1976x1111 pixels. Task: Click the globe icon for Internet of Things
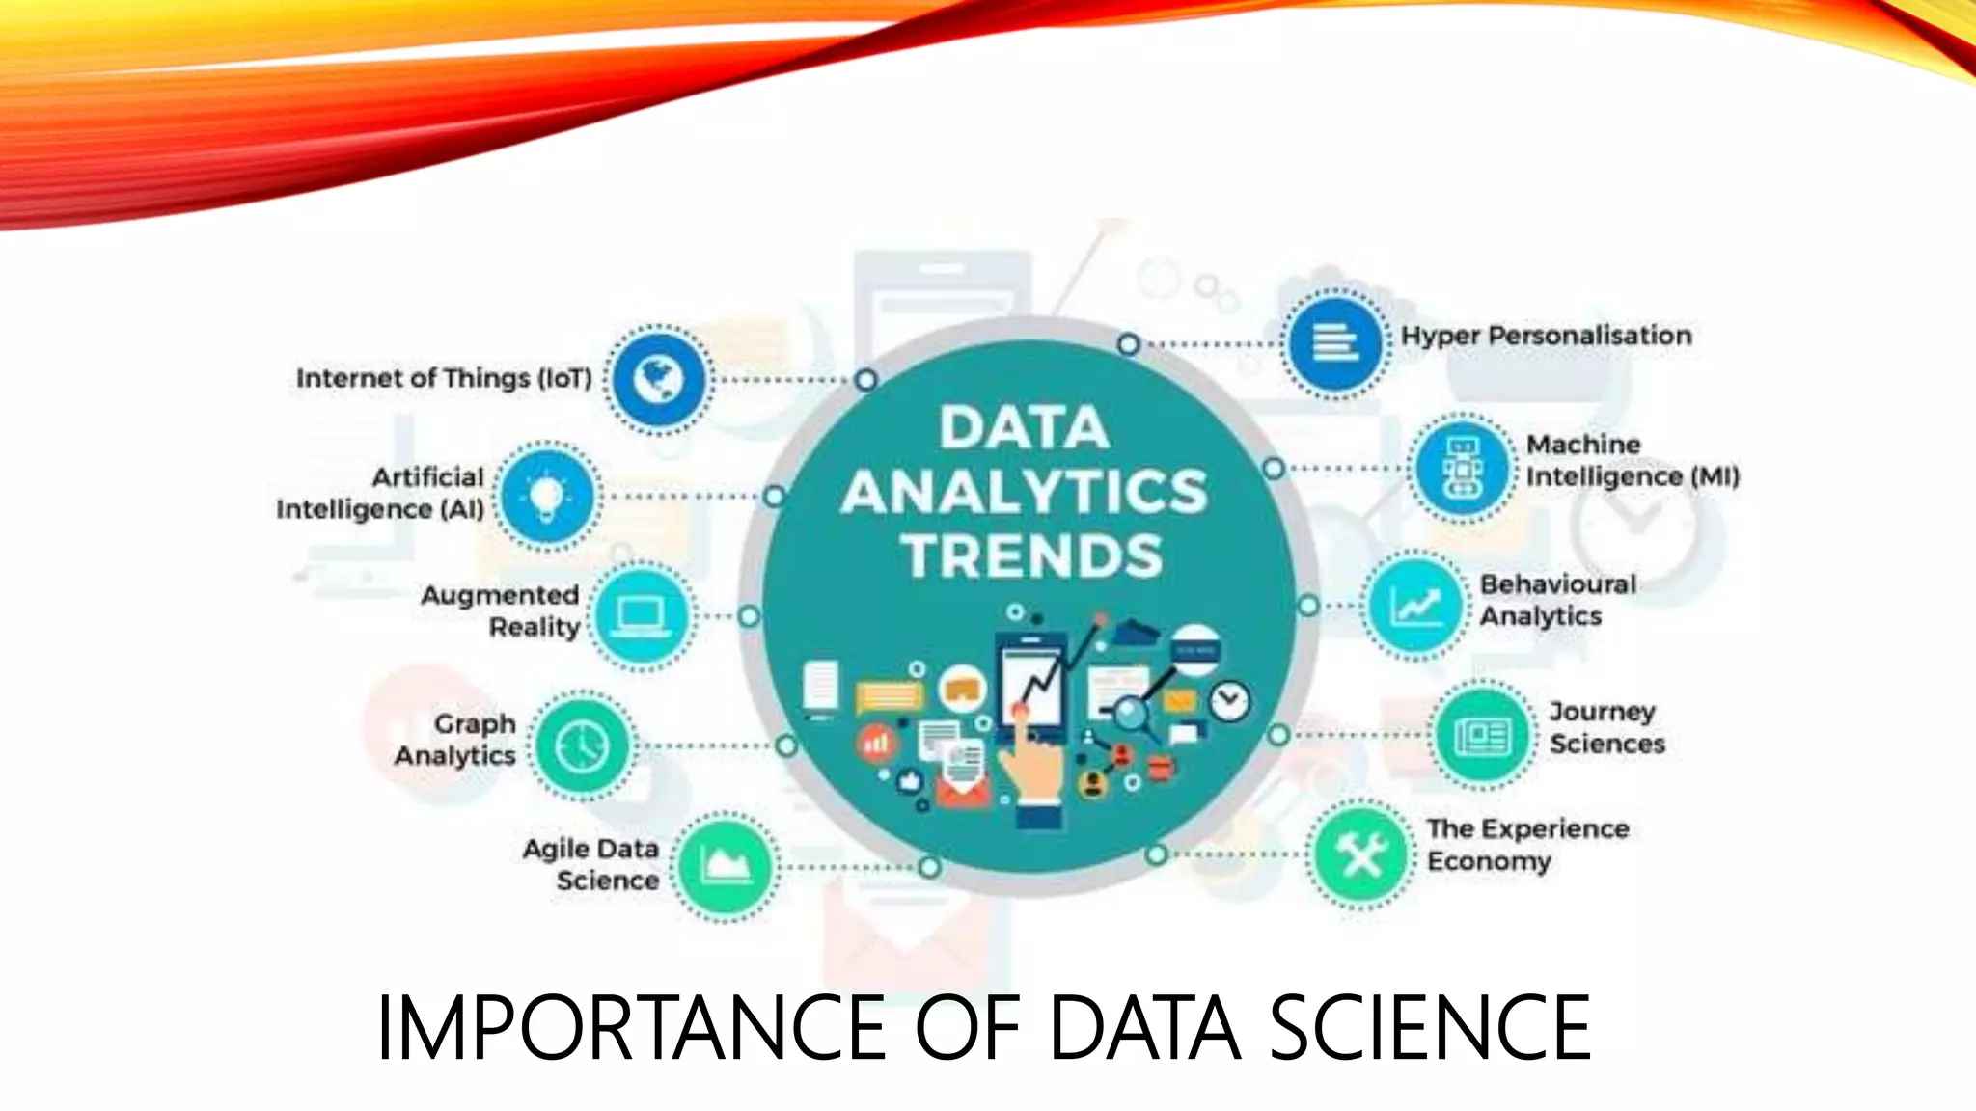point(659,379)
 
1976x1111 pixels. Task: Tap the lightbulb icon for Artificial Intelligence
point(547,497)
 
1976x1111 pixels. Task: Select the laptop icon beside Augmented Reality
point(641,616)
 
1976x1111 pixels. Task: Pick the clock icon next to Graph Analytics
point(582,745)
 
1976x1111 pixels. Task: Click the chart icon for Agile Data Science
point(725,865)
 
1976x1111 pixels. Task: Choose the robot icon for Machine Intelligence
point(1463,468)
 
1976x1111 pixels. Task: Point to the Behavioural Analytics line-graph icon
point(1415,606)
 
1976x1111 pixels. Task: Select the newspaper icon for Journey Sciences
point(1482,736)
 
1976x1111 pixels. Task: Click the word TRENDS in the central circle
point(1032,556)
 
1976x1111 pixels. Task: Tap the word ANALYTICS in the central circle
point(1025,492)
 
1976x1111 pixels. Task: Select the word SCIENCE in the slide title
point(1429,1028)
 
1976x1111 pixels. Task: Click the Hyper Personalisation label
point(1546,336)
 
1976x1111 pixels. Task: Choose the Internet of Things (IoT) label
point(444,378)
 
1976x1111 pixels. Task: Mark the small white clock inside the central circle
point(1229,701)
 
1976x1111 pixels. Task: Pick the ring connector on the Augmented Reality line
point(749,616)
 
